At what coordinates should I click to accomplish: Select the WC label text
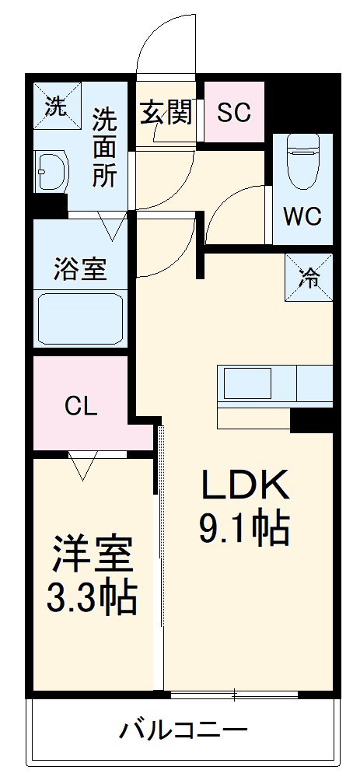(302, 217)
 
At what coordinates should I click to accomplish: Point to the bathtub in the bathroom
(80, 318)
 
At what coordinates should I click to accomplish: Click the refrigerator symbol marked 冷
(310, 275)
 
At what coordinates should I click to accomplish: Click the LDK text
(245, 487)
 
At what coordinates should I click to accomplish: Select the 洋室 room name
(93, 555)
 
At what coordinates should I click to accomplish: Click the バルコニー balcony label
(183, 731)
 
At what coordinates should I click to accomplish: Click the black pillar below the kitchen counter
(312, 421)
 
